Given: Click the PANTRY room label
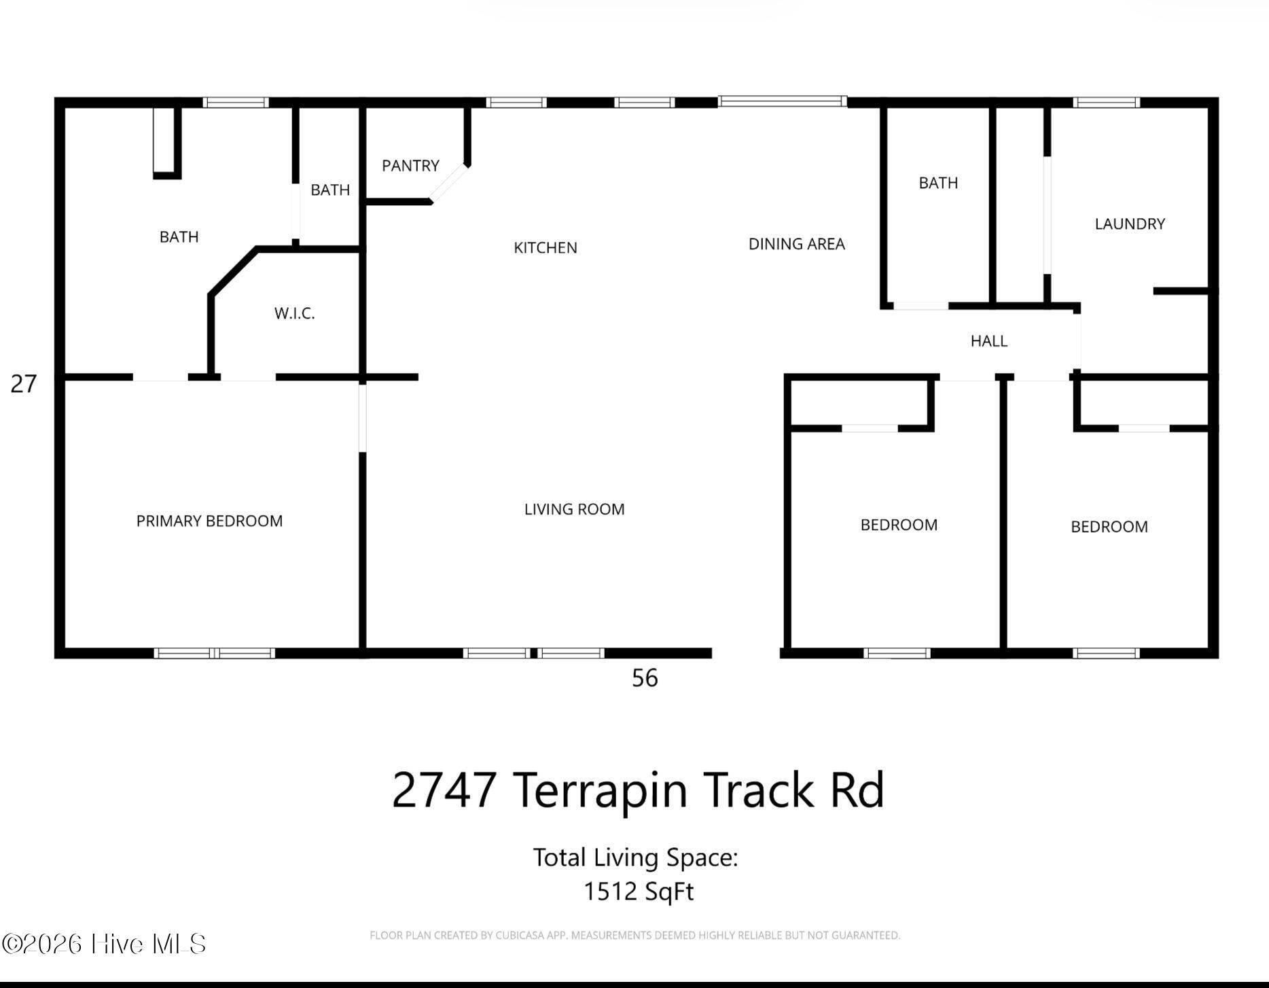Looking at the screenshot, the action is pyautogui.click(x=410, y=166).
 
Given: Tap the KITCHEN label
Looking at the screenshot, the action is pyautogui.click(x=546, y=248).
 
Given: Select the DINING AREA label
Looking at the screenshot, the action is pyautogui.click(x=797, y=244).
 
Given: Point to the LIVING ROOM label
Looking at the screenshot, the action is pyautogui.click(x=575, y=510).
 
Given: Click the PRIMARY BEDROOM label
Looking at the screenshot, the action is pyautogui.click(x=209, y=521).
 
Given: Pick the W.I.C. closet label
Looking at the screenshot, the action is pyautogui.click(x=295, y=313).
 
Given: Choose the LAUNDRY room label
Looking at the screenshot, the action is pyautogui.click(x=1130, y=224).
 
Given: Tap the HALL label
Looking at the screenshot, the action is pyautogui.click(x=989, y=341).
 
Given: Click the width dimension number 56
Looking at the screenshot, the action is pyautogui.click(x=645, y=678).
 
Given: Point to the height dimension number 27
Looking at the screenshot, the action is pyautogui.click(x=24, y=385).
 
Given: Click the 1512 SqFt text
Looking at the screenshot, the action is pyautogui.click(x=639, y=892).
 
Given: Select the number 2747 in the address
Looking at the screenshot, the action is pyautogui.click(x=444, y=790).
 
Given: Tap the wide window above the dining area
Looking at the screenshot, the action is pyautogui.click(x=783, y=102).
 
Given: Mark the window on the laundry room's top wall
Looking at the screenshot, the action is pyautogui.click(x=1107, y=103).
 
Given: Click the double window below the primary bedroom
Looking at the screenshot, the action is pyautogui.click(x=215, y=654).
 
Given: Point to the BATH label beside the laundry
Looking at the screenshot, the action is pyautogui.click(x=938, y=183).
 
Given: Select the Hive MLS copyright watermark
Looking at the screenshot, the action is pyautogui.click(x=104, y=944).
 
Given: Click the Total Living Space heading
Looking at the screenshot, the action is pyautogui.click(x=635, y=858).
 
